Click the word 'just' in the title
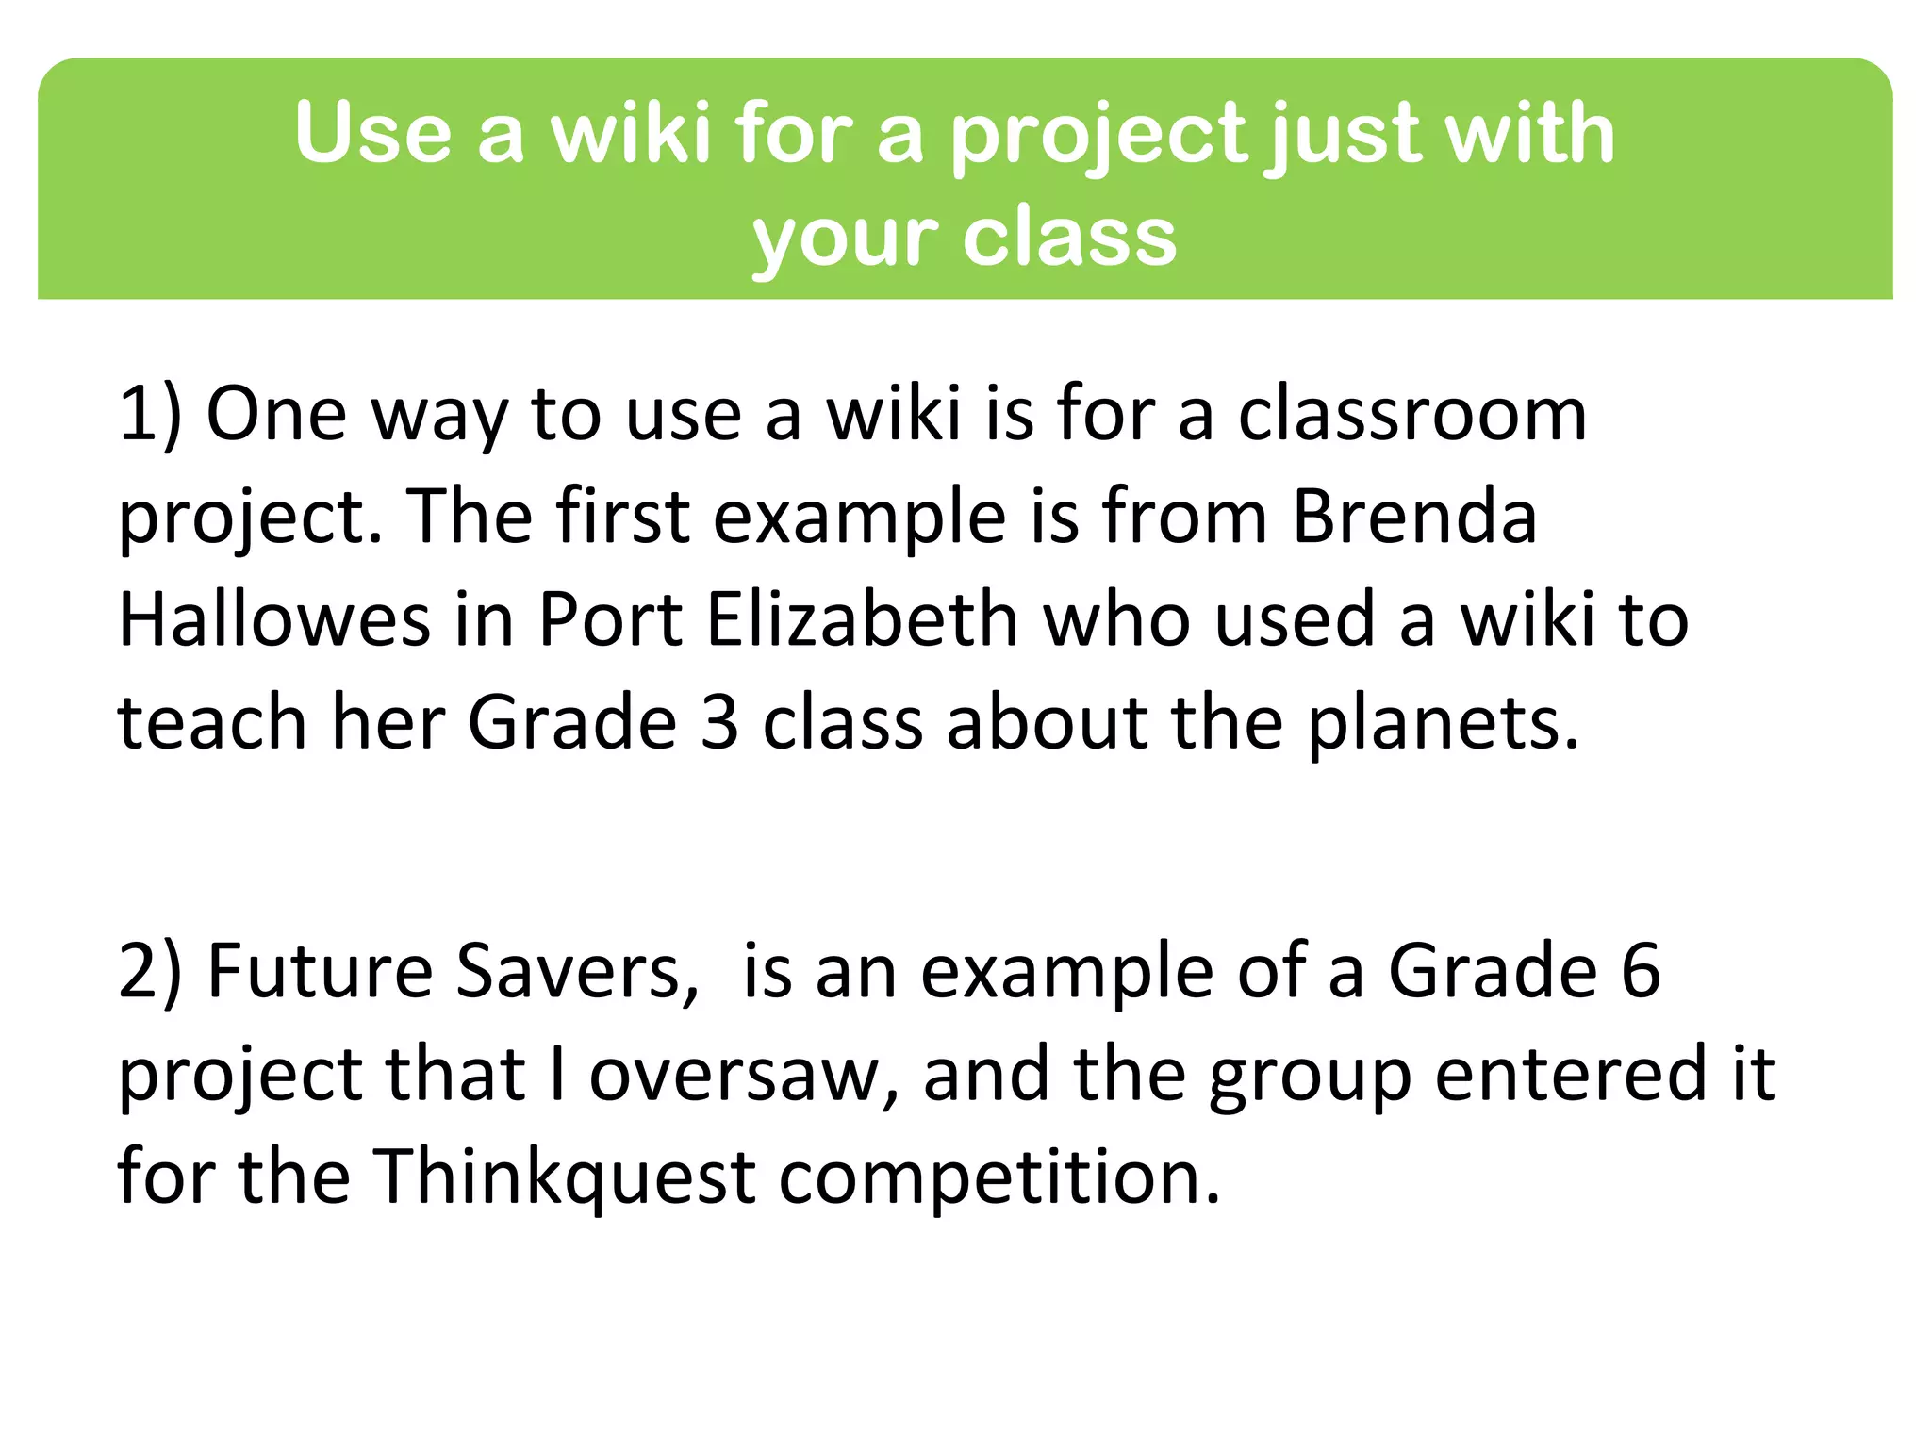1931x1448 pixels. click(x=1335, y=135)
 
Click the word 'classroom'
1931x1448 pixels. click(x=1412, y=415)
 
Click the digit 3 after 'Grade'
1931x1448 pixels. click(x=720, y=723)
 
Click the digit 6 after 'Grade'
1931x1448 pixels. click(x=1641, y=972)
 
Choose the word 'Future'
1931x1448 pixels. click(x=320, y=972)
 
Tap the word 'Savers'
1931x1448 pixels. click(x=577, y=972)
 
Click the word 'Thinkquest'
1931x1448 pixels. click(x=565, y=1178)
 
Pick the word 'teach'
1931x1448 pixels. click(x=212, y=723)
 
